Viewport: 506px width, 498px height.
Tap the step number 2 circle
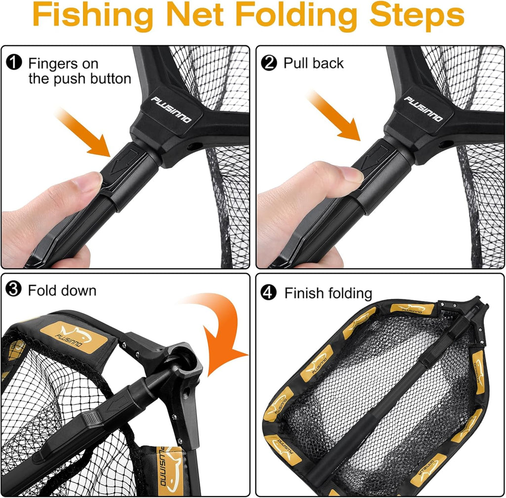[269, 63]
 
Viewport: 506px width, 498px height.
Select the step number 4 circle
[269, 292]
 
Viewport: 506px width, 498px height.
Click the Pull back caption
[313, 63]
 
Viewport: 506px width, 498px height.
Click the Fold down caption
[62, 290]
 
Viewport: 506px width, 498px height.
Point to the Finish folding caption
[328, 293]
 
